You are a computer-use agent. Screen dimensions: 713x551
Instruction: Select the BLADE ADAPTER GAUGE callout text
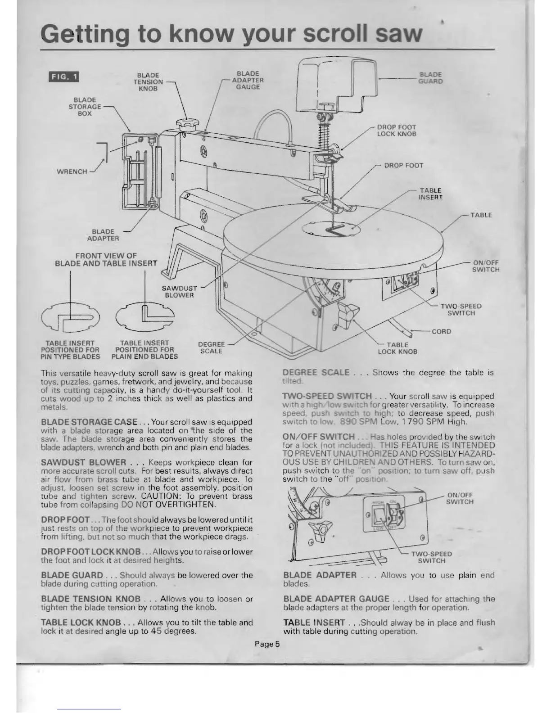[x=248, y=80]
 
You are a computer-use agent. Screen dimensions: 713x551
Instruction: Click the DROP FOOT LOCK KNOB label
[x=396, y=131]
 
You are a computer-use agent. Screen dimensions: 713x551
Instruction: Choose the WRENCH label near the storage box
[x=72, y=171]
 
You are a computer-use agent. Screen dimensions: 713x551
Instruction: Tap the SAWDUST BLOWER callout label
[x=179, y=292]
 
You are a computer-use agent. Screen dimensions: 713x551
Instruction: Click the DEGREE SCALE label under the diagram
[x=211, y=347]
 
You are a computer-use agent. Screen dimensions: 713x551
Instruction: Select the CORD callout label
[x=441, y=331]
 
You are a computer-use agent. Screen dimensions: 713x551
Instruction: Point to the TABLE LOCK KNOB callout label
[x=397, y=348]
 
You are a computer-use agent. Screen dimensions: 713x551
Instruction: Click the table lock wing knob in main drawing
[x=348, y=311]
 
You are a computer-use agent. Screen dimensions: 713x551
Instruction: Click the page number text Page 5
[x=267, y=644]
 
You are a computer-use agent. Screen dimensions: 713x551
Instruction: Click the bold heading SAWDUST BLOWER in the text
[x=83, y=462]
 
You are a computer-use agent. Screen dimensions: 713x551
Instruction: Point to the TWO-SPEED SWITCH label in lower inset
[x=432, y=557]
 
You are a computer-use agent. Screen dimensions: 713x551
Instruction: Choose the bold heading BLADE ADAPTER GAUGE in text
[x=336, y=599]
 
